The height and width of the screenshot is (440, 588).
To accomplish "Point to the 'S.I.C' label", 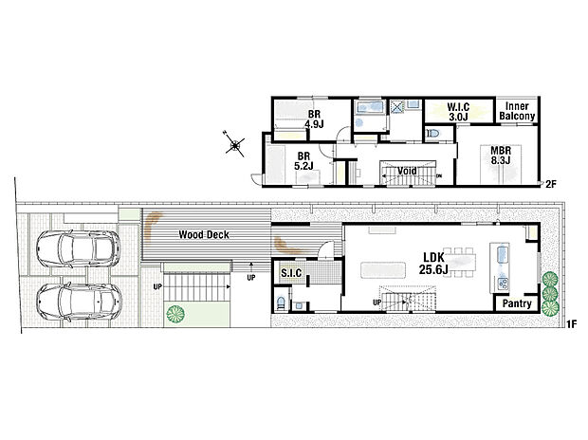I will coord(291,274).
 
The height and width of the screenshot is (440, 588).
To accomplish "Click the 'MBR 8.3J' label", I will coord(500,155).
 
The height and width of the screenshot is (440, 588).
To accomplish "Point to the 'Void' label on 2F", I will coord(408,172).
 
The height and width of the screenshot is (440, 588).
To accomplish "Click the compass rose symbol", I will coord(234,144).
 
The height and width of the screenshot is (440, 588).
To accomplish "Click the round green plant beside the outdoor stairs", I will coord(175,313).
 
